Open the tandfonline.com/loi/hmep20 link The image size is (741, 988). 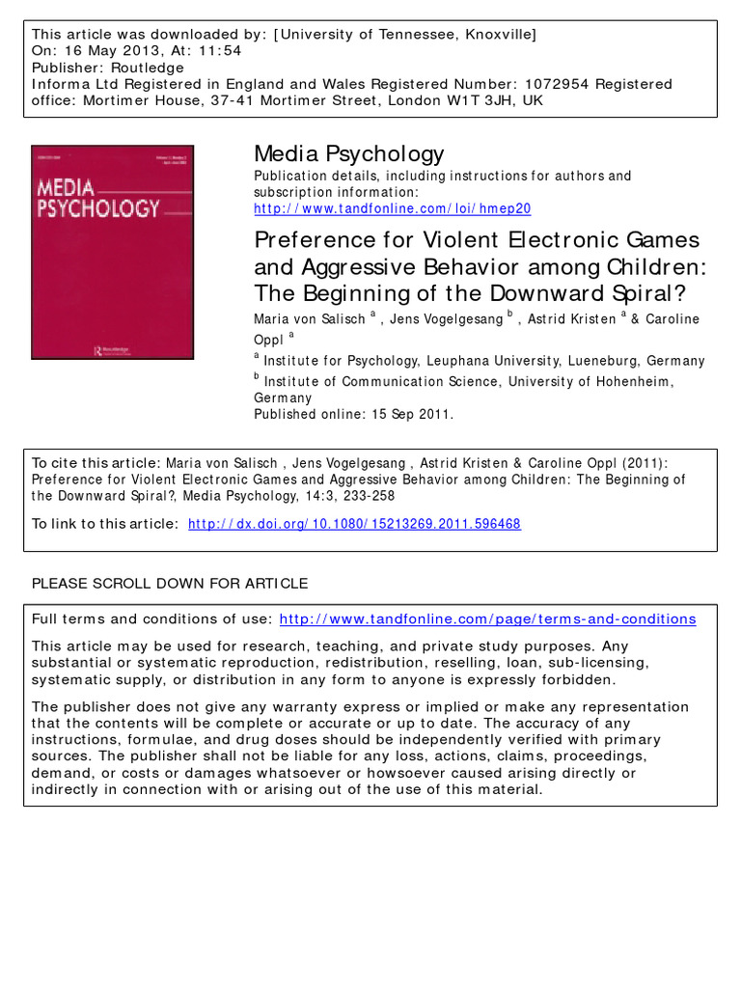[x=392, y=208]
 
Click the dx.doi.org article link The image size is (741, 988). [x=354, y=524]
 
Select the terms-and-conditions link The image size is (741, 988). [x=487, y=619]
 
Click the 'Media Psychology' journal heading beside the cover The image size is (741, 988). [x=348, y=153]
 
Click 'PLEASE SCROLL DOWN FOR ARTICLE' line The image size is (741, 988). [x=170, y=584]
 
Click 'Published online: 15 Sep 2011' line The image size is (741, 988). [x=353, y=415]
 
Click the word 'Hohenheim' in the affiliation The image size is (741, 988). [x=626, y=382]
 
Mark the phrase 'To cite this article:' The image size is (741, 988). [x=96, y=463]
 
